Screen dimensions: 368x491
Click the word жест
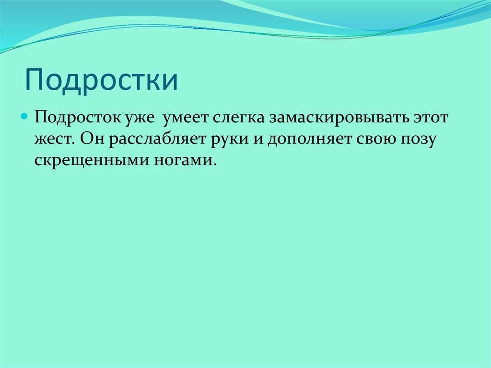tap(52, 139)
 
